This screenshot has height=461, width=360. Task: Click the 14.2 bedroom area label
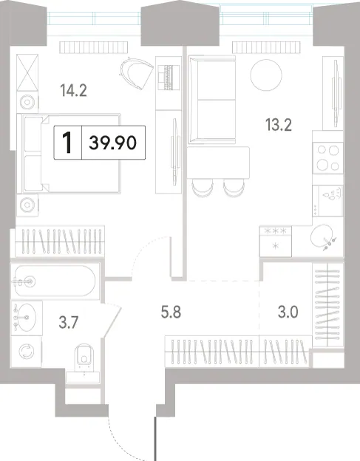tap(73, 90)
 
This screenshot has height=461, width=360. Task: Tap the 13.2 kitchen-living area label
tap(278, 125)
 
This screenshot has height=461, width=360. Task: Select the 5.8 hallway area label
tap(171, 312)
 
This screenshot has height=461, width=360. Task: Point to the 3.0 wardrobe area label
tap(288, 312)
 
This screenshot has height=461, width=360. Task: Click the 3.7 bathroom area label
tap(68, 322)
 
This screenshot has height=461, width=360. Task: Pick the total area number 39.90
tap(113, 143)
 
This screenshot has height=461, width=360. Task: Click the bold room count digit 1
tap(68, 143)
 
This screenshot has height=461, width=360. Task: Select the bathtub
tap(55, 281)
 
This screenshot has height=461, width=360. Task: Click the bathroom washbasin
tap(24, 318)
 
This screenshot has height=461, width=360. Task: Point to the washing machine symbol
tap(27, 352)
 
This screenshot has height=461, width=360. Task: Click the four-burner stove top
tap(328, 158)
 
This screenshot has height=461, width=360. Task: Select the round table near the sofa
tap(266, 75)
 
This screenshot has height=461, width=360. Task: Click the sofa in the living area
tap(212, 100)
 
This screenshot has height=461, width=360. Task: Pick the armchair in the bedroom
tap(137, 73)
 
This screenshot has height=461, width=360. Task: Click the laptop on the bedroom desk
tap(169, 77)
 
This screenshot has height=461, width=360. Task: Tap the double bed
tap(69, 154)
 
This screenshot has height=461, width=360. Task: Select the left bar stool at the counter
tap(203, 188)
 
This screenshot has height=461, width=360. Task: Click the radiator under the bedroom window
tap(94, 47)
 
